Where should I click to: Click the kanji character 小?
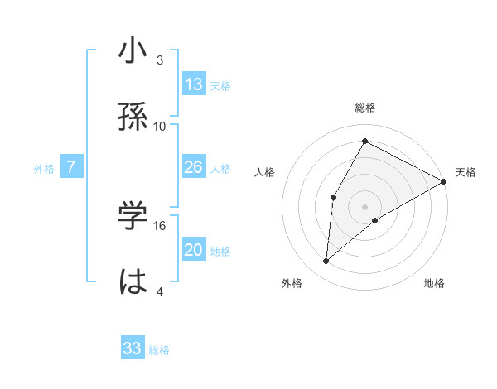point(133,51)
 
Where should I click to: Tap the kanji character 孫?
point(133,118)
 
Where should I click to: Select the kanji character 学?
point(133,216)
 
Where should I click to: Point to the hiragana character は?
point(133,281)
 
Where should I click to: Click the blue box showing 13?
point(194,84)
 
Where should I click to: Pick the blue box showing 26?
point(194,168)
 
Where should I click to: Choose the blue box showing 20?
point(194,250)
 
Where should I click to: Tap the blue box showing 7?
point(71,168)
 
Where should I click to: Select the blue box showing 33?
point(133,348)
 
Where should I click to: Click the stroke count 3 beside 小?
point(160,60)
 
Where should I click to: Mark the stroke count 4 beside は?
point(160,291)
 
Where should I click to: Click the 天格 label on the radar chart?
point(466,172)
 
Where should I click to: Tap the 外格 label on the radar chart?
point(292,283)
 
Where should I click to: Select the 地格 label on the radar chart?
point(434,283)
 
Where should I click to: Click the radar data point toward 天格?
point(444,181)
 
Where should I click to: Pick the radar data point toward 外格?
point(326,262)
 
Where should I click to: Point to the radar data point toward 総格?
point(364,141)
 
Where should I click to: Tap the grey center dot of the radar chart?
point(364,206)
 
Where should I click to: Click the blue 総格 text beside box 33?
point(159,349)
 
